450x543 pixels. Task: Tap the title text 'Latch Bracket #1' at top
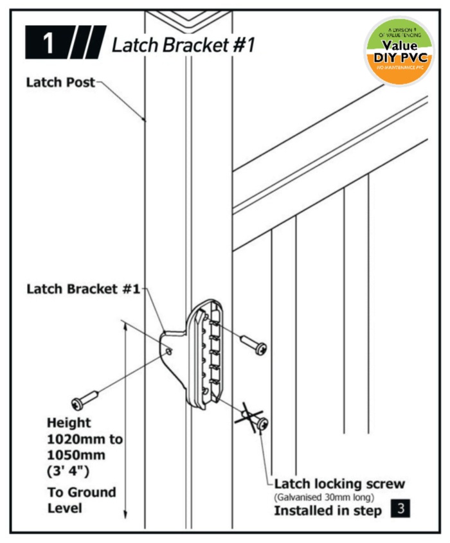tap(183, 44)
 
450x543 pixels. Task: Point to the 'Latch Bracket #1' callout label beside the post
tap(83, 289)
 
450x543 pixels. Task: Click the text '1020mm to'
tap(84, 440)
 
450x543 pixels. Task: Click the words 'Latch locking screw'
tap(339, 483)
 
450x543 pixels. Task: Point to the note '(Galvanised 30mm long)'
tap(324, 497)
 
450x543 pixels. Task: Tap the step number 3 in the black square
tap(400, 510)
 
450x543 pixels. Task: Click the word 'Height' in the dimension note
tap(69, 423)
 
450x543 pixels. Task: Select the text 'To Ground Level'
tap(82, 500)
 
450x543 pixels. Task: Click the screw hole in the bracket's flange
tap(168, 352)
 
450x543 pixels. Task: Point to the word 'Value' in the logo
tap(400, 46)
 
